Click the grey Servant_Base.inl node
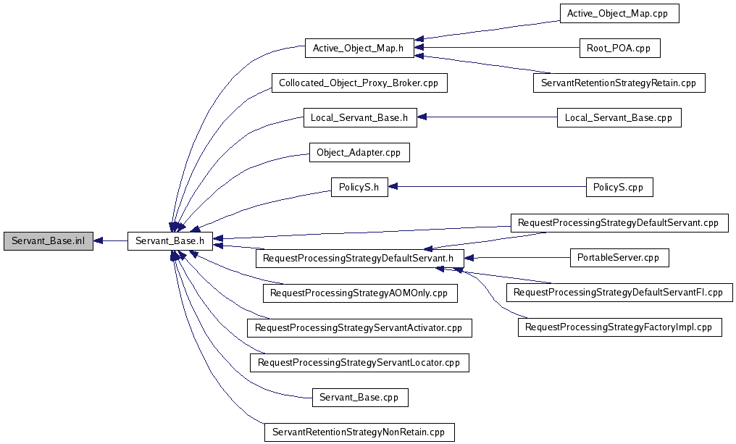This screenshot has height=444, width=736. pyautogui.click(x=49, y=241)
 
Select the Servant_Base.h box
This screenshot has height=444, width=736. pyautogui.click(x=170, y=241)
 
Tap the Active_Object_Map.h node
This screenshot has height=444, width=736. pyautogui.click(x=359, y=49)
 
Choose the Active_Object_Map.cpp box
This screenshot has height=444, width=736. pyautogui.click(x=619, y=14)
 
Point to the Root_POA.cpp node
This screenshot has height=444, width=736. pyautogui.click(x=619, y=49)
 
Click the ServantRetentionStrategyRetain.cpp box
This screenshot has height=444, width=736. pyautogui.click(x=619, y=83)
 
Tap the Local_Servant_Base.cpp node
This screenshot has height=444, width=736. pyautogui.click(x=619, y=117)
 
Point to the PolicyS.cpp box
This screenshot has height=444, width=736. pyautogui.click(x=619, y=187)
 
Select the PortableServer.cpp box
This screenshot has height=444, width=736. pyautogui.click(x=619, y=257)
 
